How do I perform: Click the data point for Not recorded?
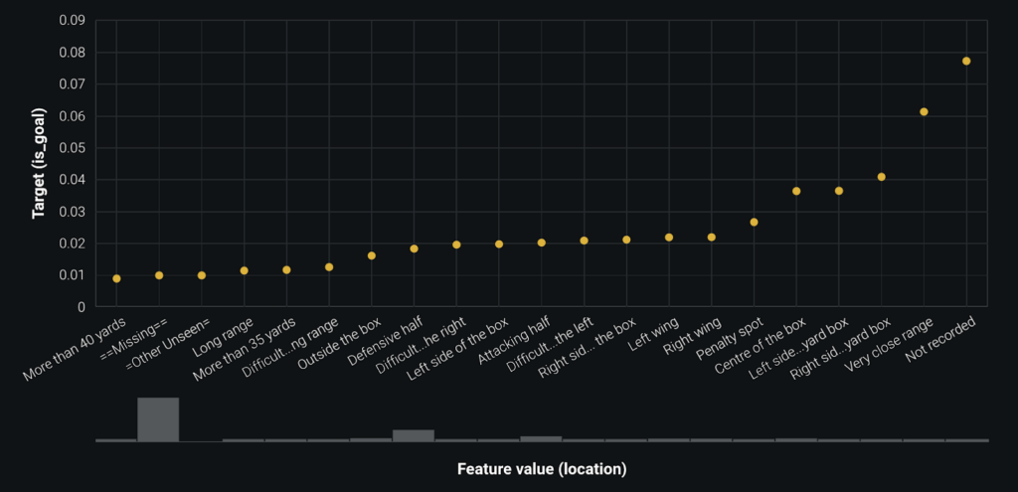(966, 61)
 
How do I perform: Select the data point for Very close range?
(924, 111)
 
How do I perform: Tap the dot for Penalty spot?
(754, 222)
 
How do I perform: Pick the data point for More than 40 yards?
(116, 278)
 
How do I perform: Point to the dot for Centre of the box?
(796, 191)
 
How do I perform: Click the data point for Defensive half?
(414, 248)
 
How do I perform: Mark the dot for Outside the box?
(371, 255)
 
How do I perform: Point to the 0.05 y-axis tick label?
(72, 148)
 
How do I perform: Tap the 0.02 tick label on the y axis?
(72, 244)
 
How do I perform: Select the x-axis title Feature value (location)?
(542, 467)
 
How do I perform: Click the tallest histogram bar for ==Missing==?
(158, 419)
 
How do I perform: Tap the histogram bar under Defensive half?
(414, 435)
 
